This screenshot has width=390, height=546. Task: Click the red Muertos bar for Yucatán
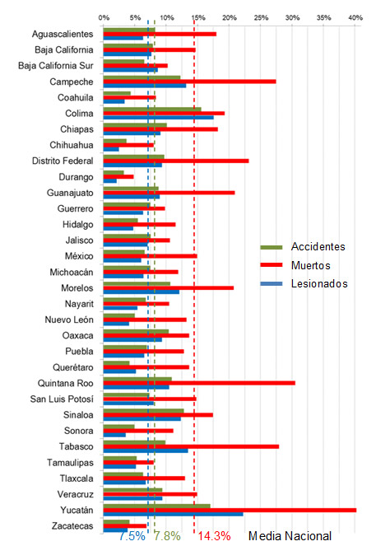(x=230, y=510)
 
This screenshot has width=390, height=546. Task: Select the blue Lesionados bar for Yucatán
(x=174, y=515)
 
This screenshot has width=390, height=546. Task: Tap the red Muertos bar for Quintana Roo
(x=199, y=383)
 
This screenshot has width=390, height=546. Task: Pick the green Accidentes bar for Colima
(x=152, y=110)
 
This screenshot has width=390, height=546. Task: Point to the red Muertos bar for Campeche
(x=189, y=82)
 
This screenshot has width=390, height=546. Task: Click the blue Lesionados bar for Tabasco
(x=146, y=450)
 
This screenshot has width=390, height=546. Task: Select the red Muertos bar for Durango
(x=118, y=177)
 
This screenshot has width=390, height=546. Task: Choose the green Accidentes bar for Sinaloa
(x=143, y=411)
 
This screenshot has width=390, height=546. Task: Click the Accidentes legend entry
(x=303, y=247)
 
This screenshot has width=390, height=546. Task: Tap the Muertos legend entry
(x=295, y=265)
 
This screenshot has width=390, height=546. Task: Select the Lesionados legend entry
(x=304, y=284)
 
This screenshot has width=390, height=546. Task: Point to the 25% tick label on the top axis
(x=261, y=18)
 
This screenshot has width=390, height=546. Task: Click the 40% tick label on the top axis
(x=355, y=18)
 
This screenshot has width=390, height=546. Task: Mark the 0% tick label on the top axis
(x=104, y=18)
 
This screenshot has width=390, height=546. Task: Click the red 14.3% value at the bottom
(x=214, y=536)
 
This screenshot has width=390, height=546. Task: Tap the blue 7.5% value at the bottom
(x=132, y=536)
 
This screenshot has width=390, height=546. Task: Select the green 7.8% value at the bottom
(x=167, y=536)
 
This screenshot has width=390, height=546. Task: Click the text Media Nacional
(x=290, y=536)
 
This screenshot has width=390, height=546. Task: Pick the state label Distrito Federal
(x=63, y=161)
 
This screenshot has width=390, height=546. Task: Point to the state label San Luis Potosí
(x=62, y=399)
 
